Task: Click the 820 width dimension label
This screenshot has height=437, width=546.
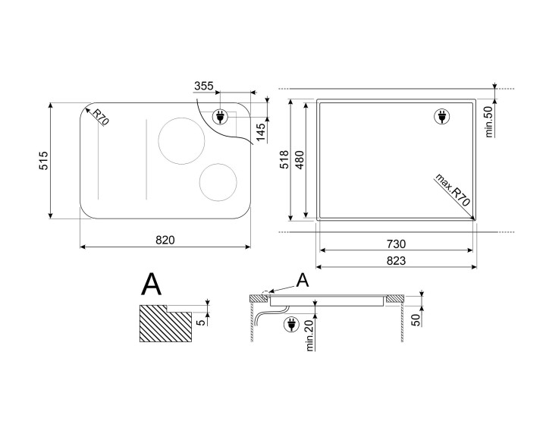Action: [165, 240]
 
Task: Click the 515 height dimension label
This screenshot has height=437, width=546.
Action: [44, 160]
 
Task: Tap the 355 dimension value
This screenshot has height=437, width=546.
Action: [204, 86]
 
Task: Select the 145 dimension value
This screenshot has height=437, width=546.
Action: [260, 133]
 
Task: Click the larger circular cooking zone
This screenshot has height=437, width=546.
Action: [181, 141]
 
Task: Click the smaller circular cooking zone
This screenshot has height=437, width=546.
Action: [218, 182]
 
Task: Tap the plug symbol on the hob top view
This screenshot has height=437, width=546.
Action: [220, 117]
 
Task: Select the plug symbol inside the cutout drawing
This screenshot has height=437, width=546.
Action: [442, 116]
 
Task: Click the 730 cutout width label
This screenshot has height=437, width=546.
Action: [396, 244]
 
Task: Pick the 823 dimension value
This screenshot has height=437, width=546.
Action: [396, 261]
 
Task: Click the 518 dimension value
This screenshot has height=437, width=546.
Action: [285, 159]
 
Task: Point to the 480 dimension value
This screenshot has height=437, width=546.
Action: [300, 159]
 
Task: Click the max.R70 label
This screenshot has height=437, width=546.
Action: [453, 190]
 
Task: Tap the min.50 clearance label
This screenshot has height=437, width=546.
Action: [490, 121]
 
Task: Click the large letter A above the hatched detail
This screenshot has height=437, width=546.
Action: [152, 284]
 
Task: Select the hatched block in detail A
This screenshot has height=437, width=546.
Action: [165, 323]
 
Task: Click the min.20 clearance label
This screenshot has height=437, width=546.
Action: [309, 335]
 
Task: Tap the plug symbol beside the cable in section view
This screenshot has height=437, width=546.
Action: [291, 325]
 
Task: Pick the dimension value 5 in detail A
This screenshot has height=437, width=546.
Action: [201, 322]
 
